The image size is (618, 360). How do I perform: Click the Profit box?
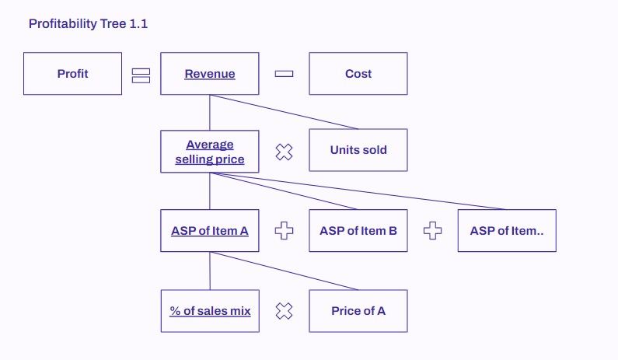[x=72, y=74]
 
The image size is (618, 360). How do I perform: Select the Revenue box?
[x=209, y=74]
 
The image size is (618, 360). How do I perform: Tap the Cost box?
[x=358, y=74]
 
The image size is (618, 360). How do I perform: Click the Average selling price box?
[x=209, y=152]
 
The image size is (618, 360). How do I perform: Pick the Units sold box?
[x=358, y=151]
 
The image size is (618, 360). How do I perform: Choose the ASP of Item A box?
[x=209, y=230]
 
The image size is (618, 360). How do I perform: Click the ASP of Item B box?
[x=358, y=230]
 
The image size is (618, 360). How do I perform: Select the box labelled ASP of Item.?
[x=506, y=230]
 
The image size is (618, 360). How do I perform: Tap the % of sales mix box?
[x=209, y=311]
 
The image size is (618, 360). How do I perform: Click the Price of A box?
[x=358, y=311]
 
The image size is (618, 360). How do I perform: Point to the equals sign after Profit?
[x=141, y=75]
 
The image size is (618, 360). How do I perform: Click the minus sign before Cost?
[x=284, y=74]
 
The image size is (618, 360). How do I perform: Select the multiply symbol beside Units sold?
[x=285, y=152]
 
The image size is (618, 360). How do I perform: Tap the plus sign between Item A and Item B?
[x=285, y=231]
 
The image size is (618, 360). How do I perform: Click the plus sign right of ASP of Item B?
[x=433, y=231]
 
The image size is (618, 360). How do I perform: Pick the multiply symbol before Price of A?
[x=285, y=312]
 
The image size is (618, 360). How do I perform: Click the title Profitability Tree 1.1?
[x=88, y=24]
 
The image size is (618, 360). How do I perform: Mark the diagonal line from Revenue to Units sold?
[x=284, y=112]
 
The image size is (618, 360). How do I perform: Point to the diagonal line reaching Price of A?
[x=284, y=271]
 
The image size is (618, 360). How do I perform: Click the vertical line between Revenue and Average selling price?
[x=209, y=113]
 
